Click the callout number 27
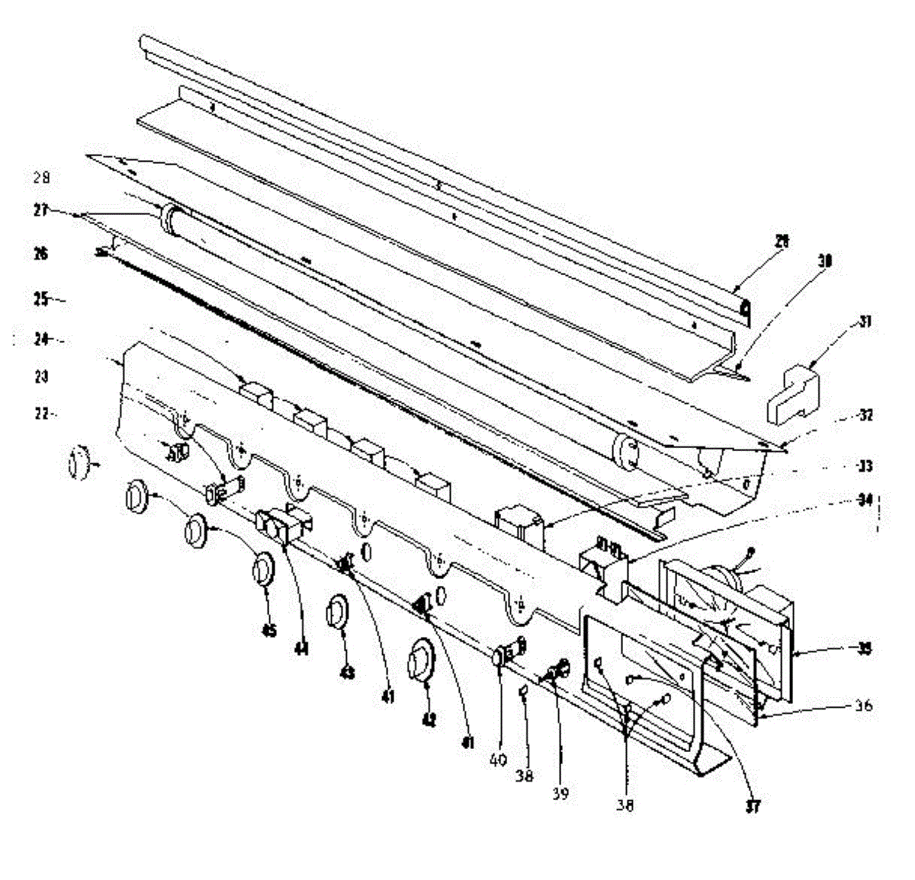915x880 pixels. coord(40,210)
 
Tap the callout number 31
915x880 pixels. coord(865,322)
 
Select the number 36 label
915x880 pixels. coord(862,706)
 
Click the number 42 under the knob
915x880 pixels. coord(429,719)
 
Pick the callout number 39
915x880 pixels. coord(560,794)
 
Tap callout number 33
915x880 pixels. coord(865,466)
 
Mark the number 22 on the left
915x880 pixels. coord(41,414)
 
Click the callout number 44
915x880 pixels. coord(302,649)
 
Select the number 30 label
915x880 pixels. coord(824,261)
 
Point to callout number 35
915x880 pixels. coord(863,649)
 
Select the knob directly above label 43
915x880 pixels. coord(336,613)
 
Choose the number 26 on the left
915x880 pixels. coord(40,254)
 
